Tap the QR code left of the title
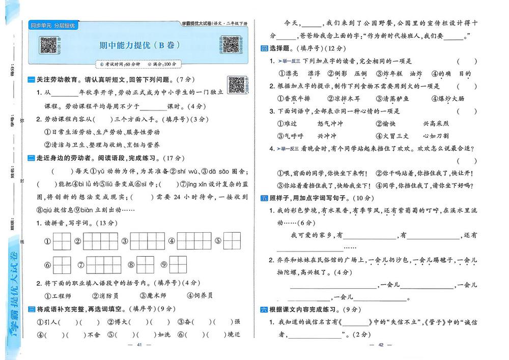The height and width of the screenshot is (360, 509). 48,45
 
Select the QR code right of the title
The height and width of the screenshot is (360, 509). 231,45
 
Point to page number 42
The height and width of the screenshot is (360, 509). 380,345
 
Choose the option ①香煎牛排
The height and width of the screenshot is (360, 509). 294,99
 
